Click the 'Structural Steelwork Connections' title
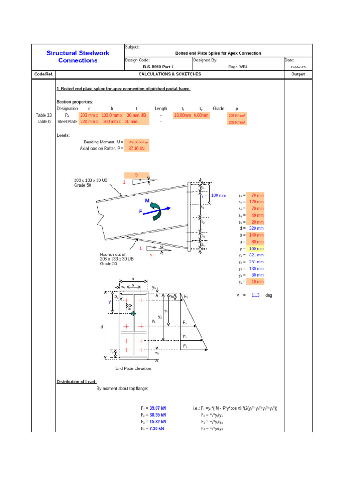point(78,57)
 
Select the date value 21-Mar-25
point(298,67)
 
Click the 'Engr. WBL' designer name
point(238,67)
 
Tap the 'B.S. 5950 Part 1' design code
point(158,67)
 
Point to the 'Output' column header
point(298,74)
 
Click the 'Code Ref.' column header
point(44,74)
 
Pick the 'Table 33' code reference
point(44,115)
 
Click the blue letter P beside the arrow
point(140,211)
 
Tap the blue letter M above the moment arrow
point(147,200)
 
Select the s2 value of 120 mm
point(256,202)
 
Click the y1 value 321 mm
point(256,255)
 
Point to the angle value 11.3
point(255,296)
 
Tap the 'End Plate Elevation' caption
point(133,368)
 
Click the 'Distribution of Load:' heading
point(76,382)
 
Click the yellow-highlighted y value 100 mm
point(256,248)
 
